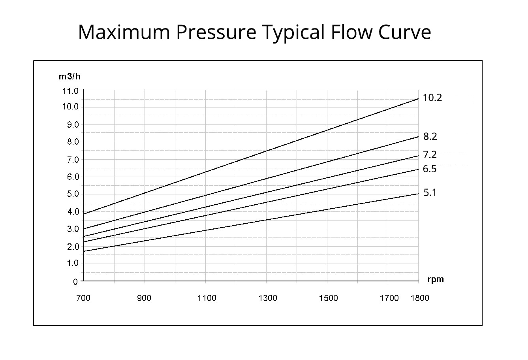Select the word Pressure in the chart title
216,32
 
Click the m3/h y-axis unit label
70,77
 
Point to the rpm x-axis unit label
436,279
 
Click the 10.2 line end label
432,98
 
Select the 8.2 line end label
430,136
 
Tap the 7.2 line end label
430,155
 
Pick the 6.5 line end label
430,169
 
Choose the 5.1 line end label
430,193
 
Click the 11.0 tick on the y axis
71,90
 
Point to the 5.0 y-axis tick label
72,194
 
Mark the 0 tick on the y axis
75,282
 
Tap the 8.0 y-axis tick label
72,142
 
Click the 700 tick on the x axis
83,298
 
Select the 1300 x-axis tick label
268,298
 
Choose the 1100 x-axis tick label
207,298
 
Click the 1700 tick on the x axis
389,298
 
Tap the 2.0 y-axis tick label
72,247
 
